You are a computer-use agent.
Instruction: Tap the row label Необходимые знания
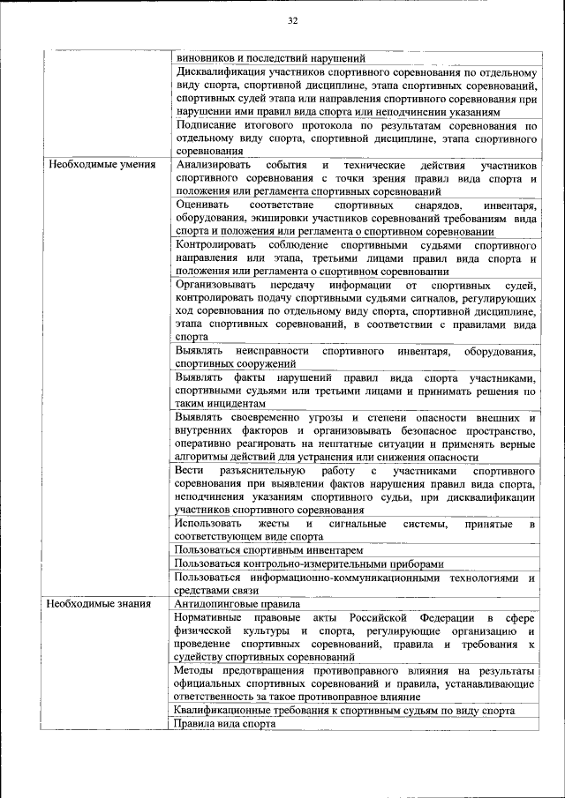tap(99, 604)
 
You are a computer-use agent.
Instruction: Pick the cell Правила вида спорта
tap(225, 723)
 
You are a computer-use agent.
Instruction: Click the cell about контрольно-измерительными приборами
tap(309, 563)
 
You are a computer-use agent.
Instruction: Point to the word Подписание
tap(207, 125)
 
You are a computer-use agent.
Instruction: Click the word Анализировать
tap(213, 165)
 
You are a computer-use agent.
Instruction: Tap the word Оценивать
tap(202, 205)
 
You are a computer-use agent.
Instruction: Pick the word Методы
tap(195, 671)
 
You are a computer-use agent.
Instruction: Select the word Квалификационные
tap(225, 711)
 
